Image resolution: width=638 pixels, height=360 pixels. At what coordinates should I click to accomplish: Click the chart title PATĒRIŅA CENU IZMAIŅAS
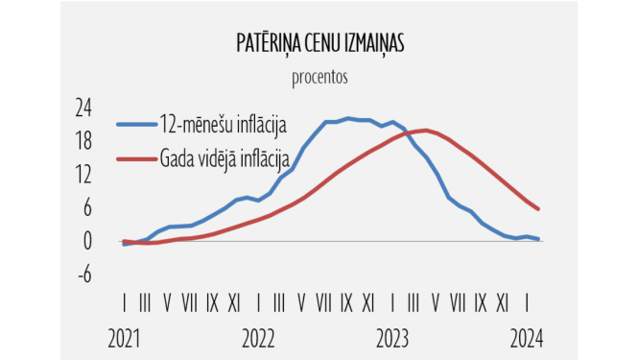point(319,44)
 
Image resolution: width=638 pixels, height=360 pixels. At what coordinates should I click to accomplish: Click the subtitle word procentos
point(319,75)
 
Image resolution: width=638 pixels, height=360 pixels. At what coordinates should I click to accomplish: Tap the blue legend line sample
point(137,123)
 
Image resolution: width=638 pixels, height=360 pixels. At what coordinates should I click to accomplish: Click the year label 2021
point(125,338)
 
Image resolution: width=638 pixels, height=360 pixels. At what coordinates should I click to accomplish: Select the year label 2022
point(258,338)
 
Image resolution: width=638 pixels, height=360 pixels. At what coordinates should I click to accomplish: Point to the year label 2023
point(392,338)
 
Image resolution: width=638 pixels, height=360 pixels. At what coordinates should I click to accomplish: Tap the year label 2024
point(526,338)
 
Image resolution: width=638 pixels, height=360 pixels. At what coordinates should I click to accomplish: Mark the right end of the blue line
point(538,239)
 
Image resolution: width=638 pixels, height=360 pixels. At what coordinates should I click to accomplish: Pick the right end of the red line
point(538,208)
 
